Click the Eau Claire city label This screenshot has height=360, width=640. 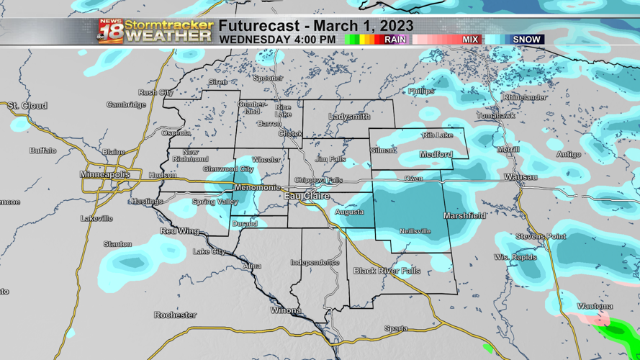(307, 196)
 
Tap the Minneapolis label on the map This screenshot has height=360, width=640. (105, 175)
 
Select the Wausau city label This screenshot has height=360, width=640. (520, 176)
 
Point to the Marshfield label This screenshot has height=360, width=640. (464, 215)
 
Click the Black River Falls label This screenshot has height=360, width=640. (387, 271)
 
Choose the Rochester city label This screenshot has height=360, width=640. (175, 315)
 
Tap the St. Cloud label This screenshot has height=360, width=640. (27, 106)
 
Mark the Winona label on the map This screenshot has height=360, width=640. (286, 310)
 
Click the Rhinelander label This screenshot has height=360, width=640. (525, 97)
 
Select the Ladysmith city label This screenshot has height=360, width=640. (349, 117)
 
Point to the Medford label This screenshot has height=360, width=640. (436, 154)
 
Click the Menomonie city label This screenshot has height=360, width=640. (257, 188)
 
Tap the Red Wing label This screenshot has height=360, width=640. (179, 231)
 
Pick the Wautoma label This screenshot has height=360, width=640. (595, 306)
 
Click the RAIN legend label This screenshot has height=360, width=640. (395, 40)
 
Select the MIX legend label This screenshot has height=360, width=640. (470, 40)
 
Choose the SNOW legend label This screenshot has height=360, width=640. (526, 40)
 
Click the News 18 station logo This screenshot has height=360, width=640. (110, 32)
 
